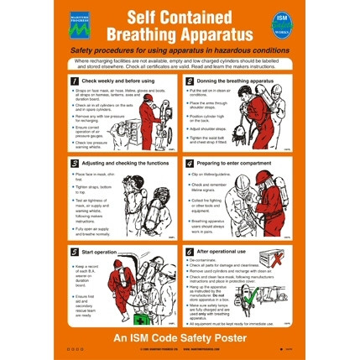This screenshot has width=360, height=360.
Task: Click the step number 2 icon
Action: click(190, 81)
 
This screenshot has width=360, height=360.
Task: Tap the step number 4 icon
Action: click(190, 163)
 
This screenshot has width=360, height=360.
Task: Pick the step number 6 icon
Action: click(190, 250)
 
